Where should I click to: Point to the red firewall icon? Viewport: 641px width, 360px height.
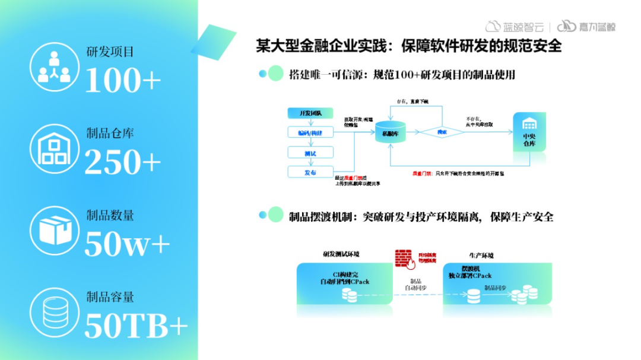pos(405,257)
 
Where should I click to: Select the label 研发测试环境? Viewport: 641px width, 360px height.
pos(341,254)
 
